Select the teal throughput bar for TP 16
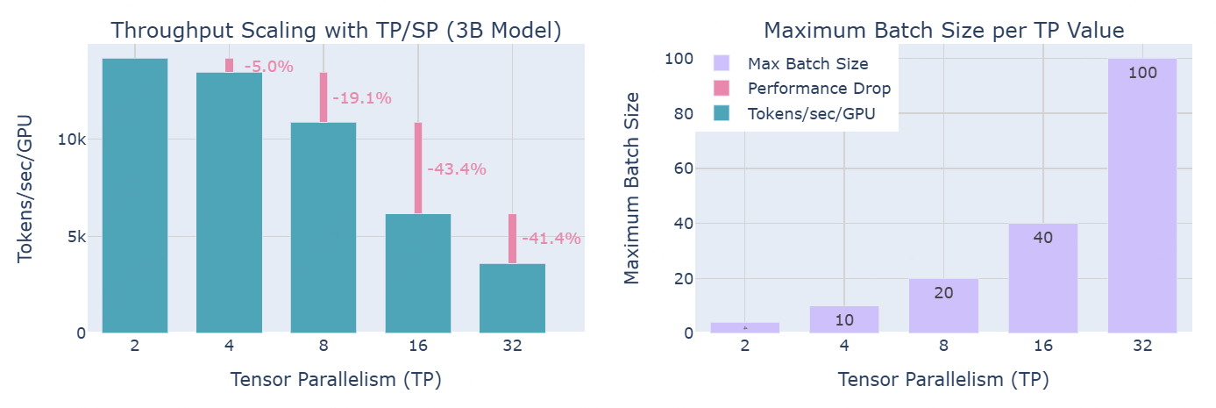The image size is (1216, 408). click(418, 273)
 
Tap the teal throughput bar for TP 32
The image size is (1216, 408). click(513, 298)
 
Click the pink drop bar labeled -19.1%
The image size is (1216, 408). click(323, 97)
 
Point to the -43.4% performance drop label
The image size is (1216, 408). click(456, 169)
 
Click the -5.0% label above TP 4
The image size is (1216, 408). click(268, 67)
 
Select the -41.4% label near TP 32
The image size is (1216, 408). click(551, 238)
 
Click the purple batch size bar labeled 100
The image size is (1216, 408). click(1142, 196)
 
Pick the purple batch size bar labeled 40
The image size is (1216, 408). click(1042, 278)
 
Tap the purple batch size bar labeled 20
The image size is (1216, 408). click(943, 305)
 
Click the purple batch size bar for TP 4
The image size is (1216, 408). click(844, 319)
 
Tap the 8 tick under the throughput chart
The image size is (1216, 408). click(324, 346)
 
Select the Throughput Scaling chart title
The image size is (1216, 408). click(336, 30)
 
